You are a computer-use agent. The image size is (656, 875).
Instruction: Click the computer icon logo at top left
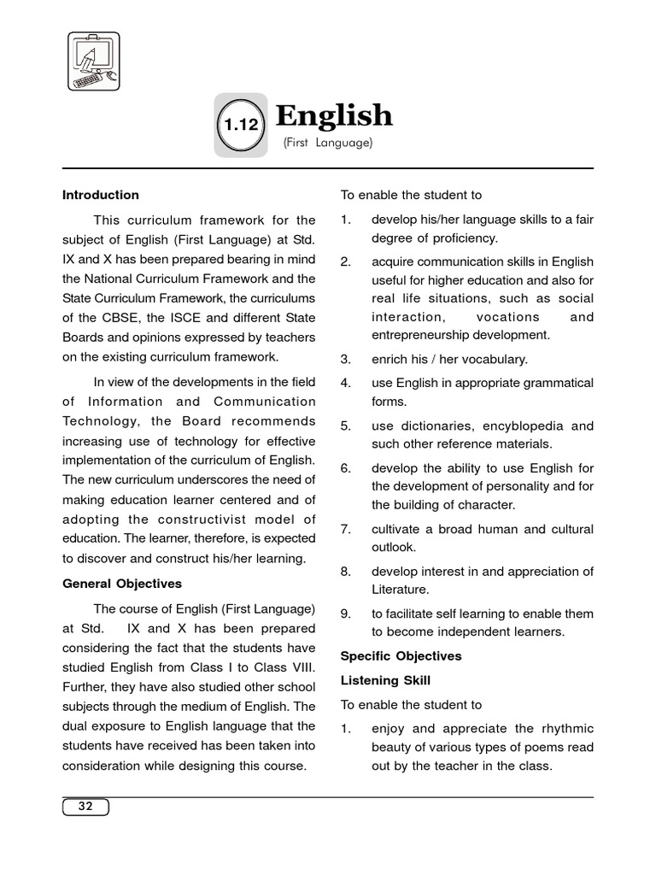[x=94, y=62]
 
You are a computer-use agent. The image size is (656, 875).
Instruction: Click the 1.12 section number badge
[x=240, y=124]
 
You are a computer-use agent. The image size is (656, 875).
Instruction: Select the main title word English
[x=334, y=115]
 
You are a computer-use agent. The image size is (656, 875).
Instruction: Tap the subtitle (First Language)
[x=328, y=144]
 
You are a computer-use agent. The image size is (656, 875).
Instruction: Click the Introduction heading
[x=101, y=195]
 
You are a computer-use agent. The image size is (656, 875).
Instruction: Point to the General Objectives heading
[x=122, y=584]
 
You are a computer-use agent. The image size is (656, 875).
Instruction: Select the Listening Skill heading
[x=385, y=680]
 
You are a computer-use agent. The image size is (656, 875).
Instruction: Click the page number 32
[x=85, y=806]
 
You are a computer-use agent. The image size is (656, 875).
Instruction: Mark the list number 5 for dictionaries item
[x=345, y=426]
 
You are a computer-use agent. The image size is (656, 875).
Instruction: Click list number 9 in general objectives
[x=345, y=614]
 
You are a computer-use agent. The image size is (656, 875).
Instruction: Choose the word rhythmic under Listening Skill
[x=565, y=729]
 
